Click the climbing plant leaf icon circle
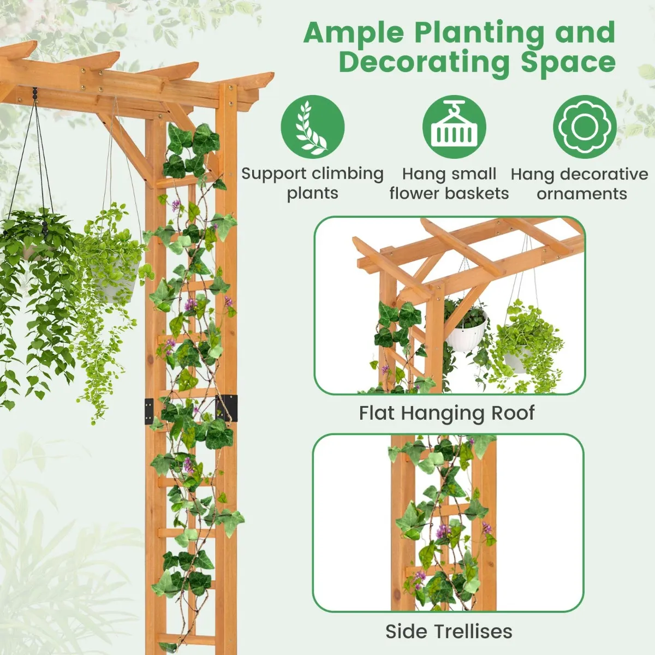tap(313, 127)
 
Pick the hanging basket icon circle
tap(454, 127)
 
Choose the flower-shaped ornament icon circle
tap(585, 127)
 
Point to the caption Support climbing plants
tap(313, 183)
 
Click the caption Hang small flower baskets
tap(449, 183)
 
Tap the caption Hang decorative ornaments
tap(580, 183)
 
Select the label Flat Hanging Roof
tap(447, 413)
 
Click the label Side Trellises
tap(449, 622)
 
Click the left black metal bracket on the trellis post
tap(149, 412)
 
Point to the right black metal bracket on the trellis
tap(227, 408)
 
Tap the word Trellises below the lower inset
tap(473, 622)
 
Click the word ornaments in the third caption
tap(582, 193)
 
